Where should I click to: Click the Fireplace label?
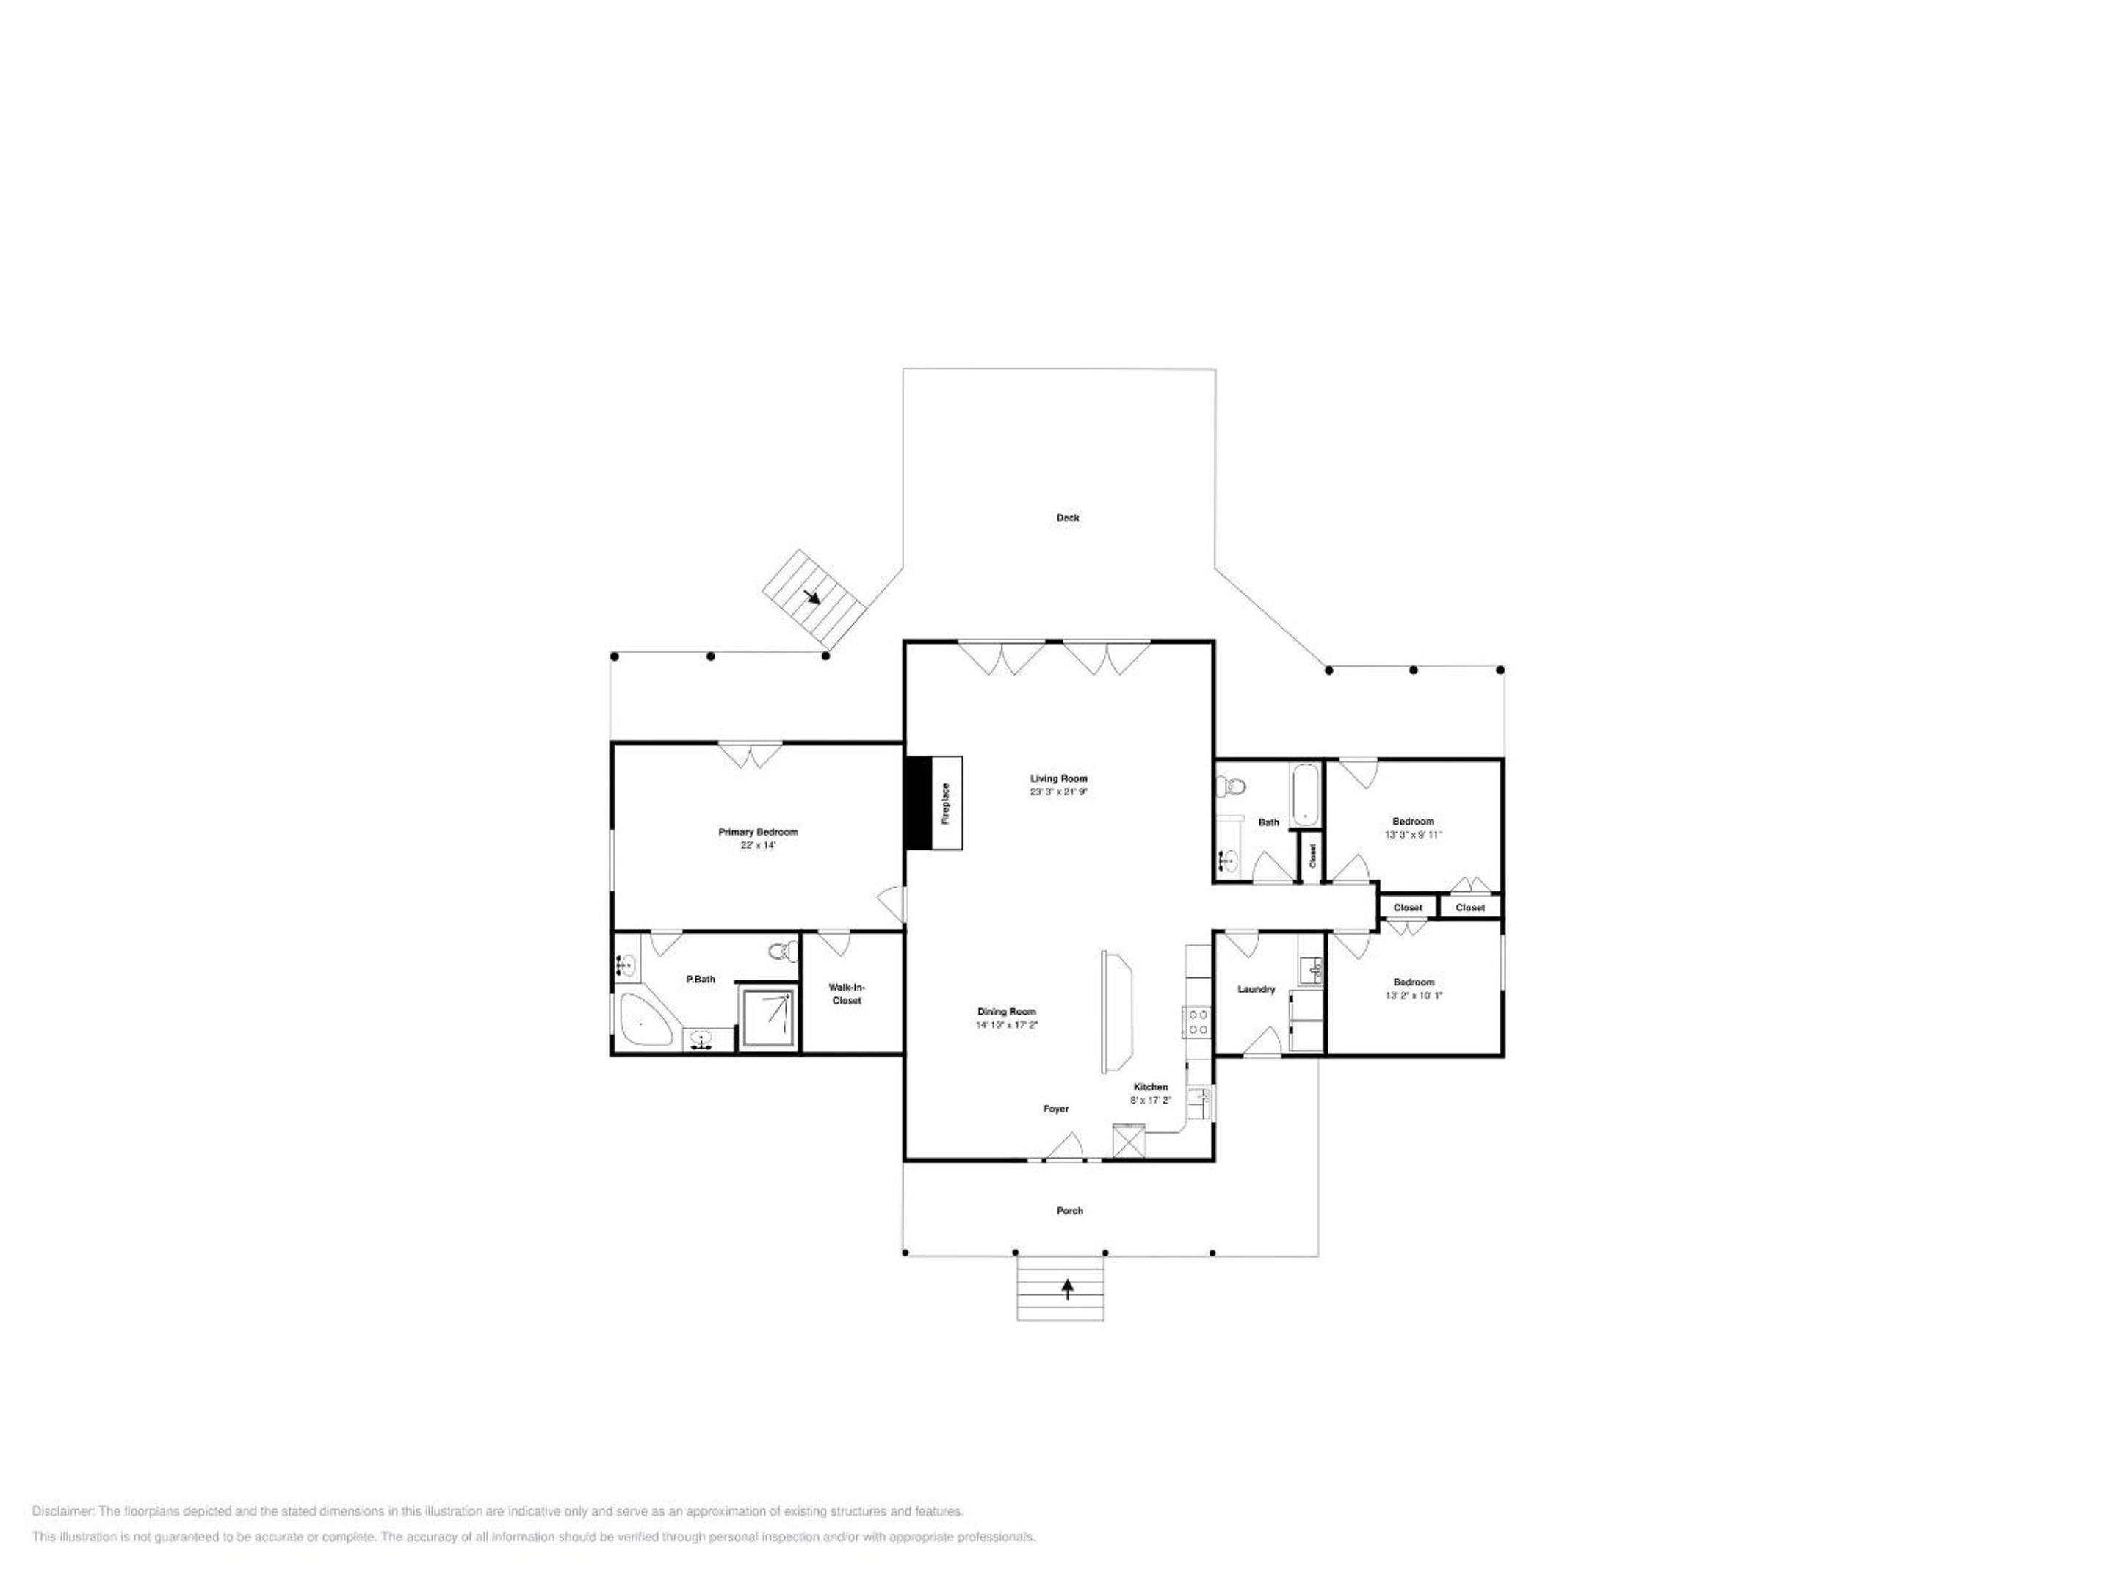pyautogui.click(x=946, y=803)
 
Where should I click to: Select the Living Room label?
pyautogui.click(x=1058, y=778)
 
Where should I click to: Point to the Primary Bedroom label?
pyautogui.click(x=757, y=832)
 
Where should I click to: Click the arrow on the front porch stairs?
pyautogui.click(x=1067, y=1289)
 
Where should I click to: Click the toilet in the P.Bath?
pyautogui.click(x=782, y=951)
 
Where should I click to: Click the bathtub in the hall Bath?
pyautogui.click(x=1304, y=794)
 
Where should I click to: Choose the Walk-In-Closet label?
pyautogui.click(x=846, y=993)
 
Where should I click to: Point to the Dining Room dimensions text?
pyautogui.click(x=1006, y=1025)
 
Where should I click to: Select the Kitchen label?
pyautogui.click(x=1150, y=1087)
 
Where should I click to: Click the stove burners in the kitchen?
pyautogui.click(x=1197, y=1022)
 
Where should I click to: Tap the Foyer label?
pyautogui.click(x=1055, y=1109)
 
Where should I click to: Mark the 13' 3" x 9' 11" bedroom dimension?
pyautogui.click(x=1413, y=835)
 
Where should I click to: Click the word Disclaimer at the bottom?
pyautogui.click(x=63, y=1511)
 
